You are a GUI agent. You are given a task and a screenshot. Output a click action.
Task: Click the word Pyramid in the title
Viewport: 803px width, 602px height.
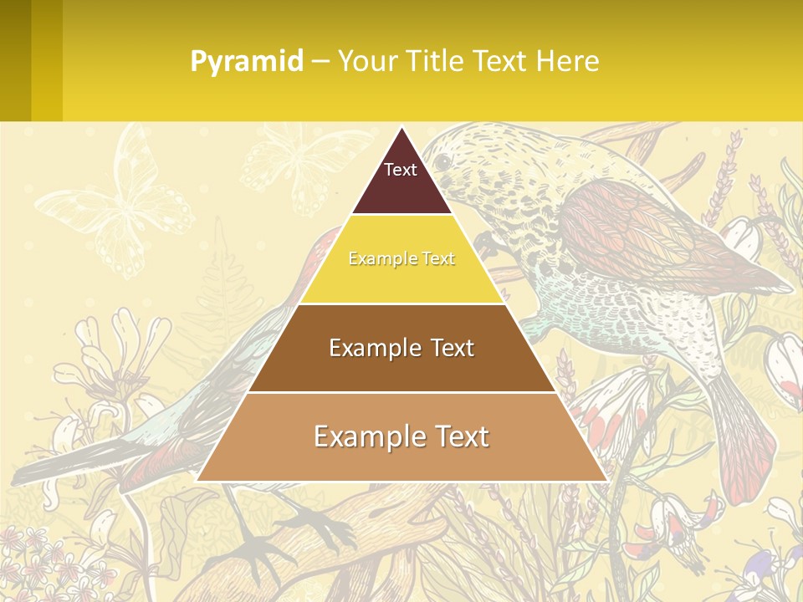(x=247, y=62)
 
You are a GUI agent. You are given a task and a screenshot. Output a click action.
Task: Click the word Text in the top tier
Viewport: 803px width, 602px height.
(x=400, y=170)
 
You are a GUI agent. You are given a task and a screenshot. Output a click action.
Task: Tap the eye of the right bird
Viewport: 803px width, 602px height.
(x=442, y=161)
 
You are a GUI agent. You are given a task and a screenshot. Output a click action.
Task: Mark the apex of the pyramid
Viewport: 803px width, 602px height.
(x=401, y=129)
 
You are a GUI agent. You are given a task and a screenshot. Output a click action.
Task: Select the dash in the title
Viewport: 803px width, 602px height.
(x=320, y=62)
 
